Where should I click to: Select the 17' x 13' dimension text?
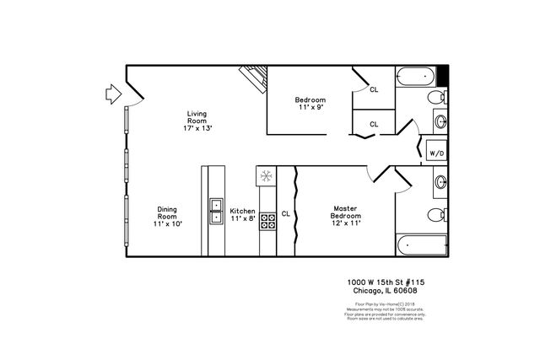(197, 128)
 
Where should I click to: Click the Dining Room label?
(167, 212)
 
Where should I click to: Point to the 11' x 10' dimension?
(167, 223)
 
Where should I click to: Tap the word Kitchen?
(242, 211)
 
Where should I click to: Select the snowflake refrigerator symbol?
(265, 177)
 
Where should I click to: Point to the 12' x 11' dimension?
(346, 223)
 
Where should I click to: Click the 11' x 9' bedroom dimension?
(310, 107)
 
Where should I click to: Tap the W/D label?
(436, 153)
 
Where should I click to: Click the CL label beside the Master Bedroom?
(285, 212)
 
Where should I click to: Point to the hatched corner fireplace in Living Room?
(254, 78)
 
